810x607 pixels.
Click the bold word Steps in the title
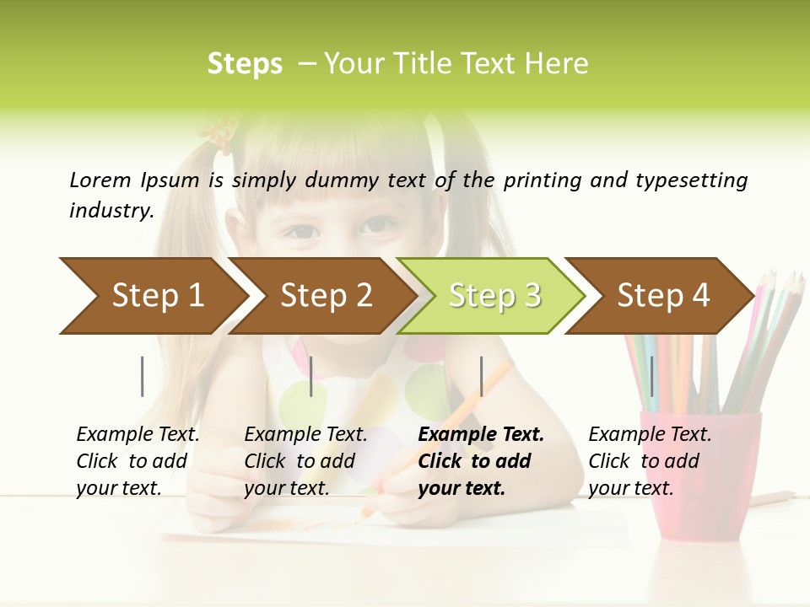(x=245, y=64)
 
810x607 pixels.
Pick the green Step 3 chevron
(x=494, y=296)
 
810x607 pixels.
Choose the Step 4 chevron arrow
(x=663, y=296)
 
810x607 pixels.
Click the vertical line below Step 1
(x=143, y=376)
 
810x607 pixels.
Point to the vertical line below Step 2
(x=311, y=376)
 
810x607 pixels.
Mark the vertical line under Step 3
(x=481, y=376)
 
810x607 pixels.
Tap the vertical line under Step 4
(x=651, y=376)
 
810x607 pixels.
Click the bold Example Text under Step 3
(x=481, y=461)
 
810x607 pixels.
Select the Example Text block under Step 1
(x=138, y=461)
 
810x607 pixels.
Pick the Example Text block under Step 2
(x=305, y=461)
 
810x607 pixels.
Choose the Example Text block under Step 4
(x=650, y=461)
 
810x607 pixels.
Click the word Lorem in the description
(x=100, y=180)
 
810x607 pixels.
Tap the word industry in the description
(x=111, y=210)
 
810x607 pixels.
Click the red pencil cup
(x=699, y=472)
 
